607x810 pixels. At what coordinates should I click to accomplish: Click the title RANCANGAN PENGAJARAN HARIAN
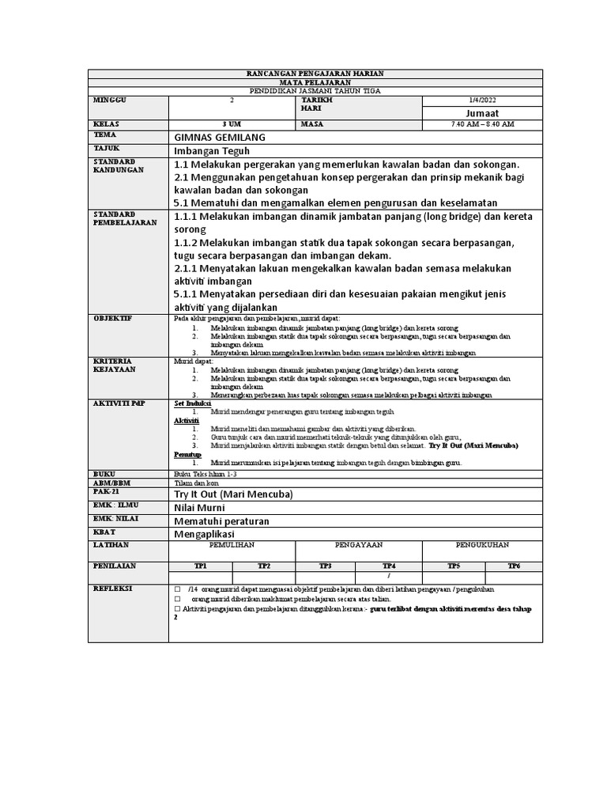tap(315, 74)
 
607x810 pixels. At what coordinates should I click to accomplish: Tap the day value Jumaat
tap(482, 113)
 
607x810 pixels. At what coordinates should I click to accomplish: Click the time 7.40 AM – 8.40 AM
tap(482, 125)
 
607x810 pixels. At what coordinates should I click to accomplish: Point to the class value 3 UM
tap(232, 125)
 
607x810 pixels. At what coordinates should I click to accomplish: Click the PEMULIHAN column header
tap(232, 545)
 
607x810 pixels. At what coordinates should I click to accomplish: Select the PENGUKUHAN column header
tap(482, 545)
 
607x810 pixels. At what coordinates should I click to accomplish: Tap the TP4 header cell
tap(389, 566)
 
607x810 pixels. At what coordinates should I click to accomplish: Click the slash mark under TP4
tap(389, 577)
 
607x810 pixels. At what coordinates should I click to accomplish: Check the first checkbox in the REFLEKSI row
tap(177, 590)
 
